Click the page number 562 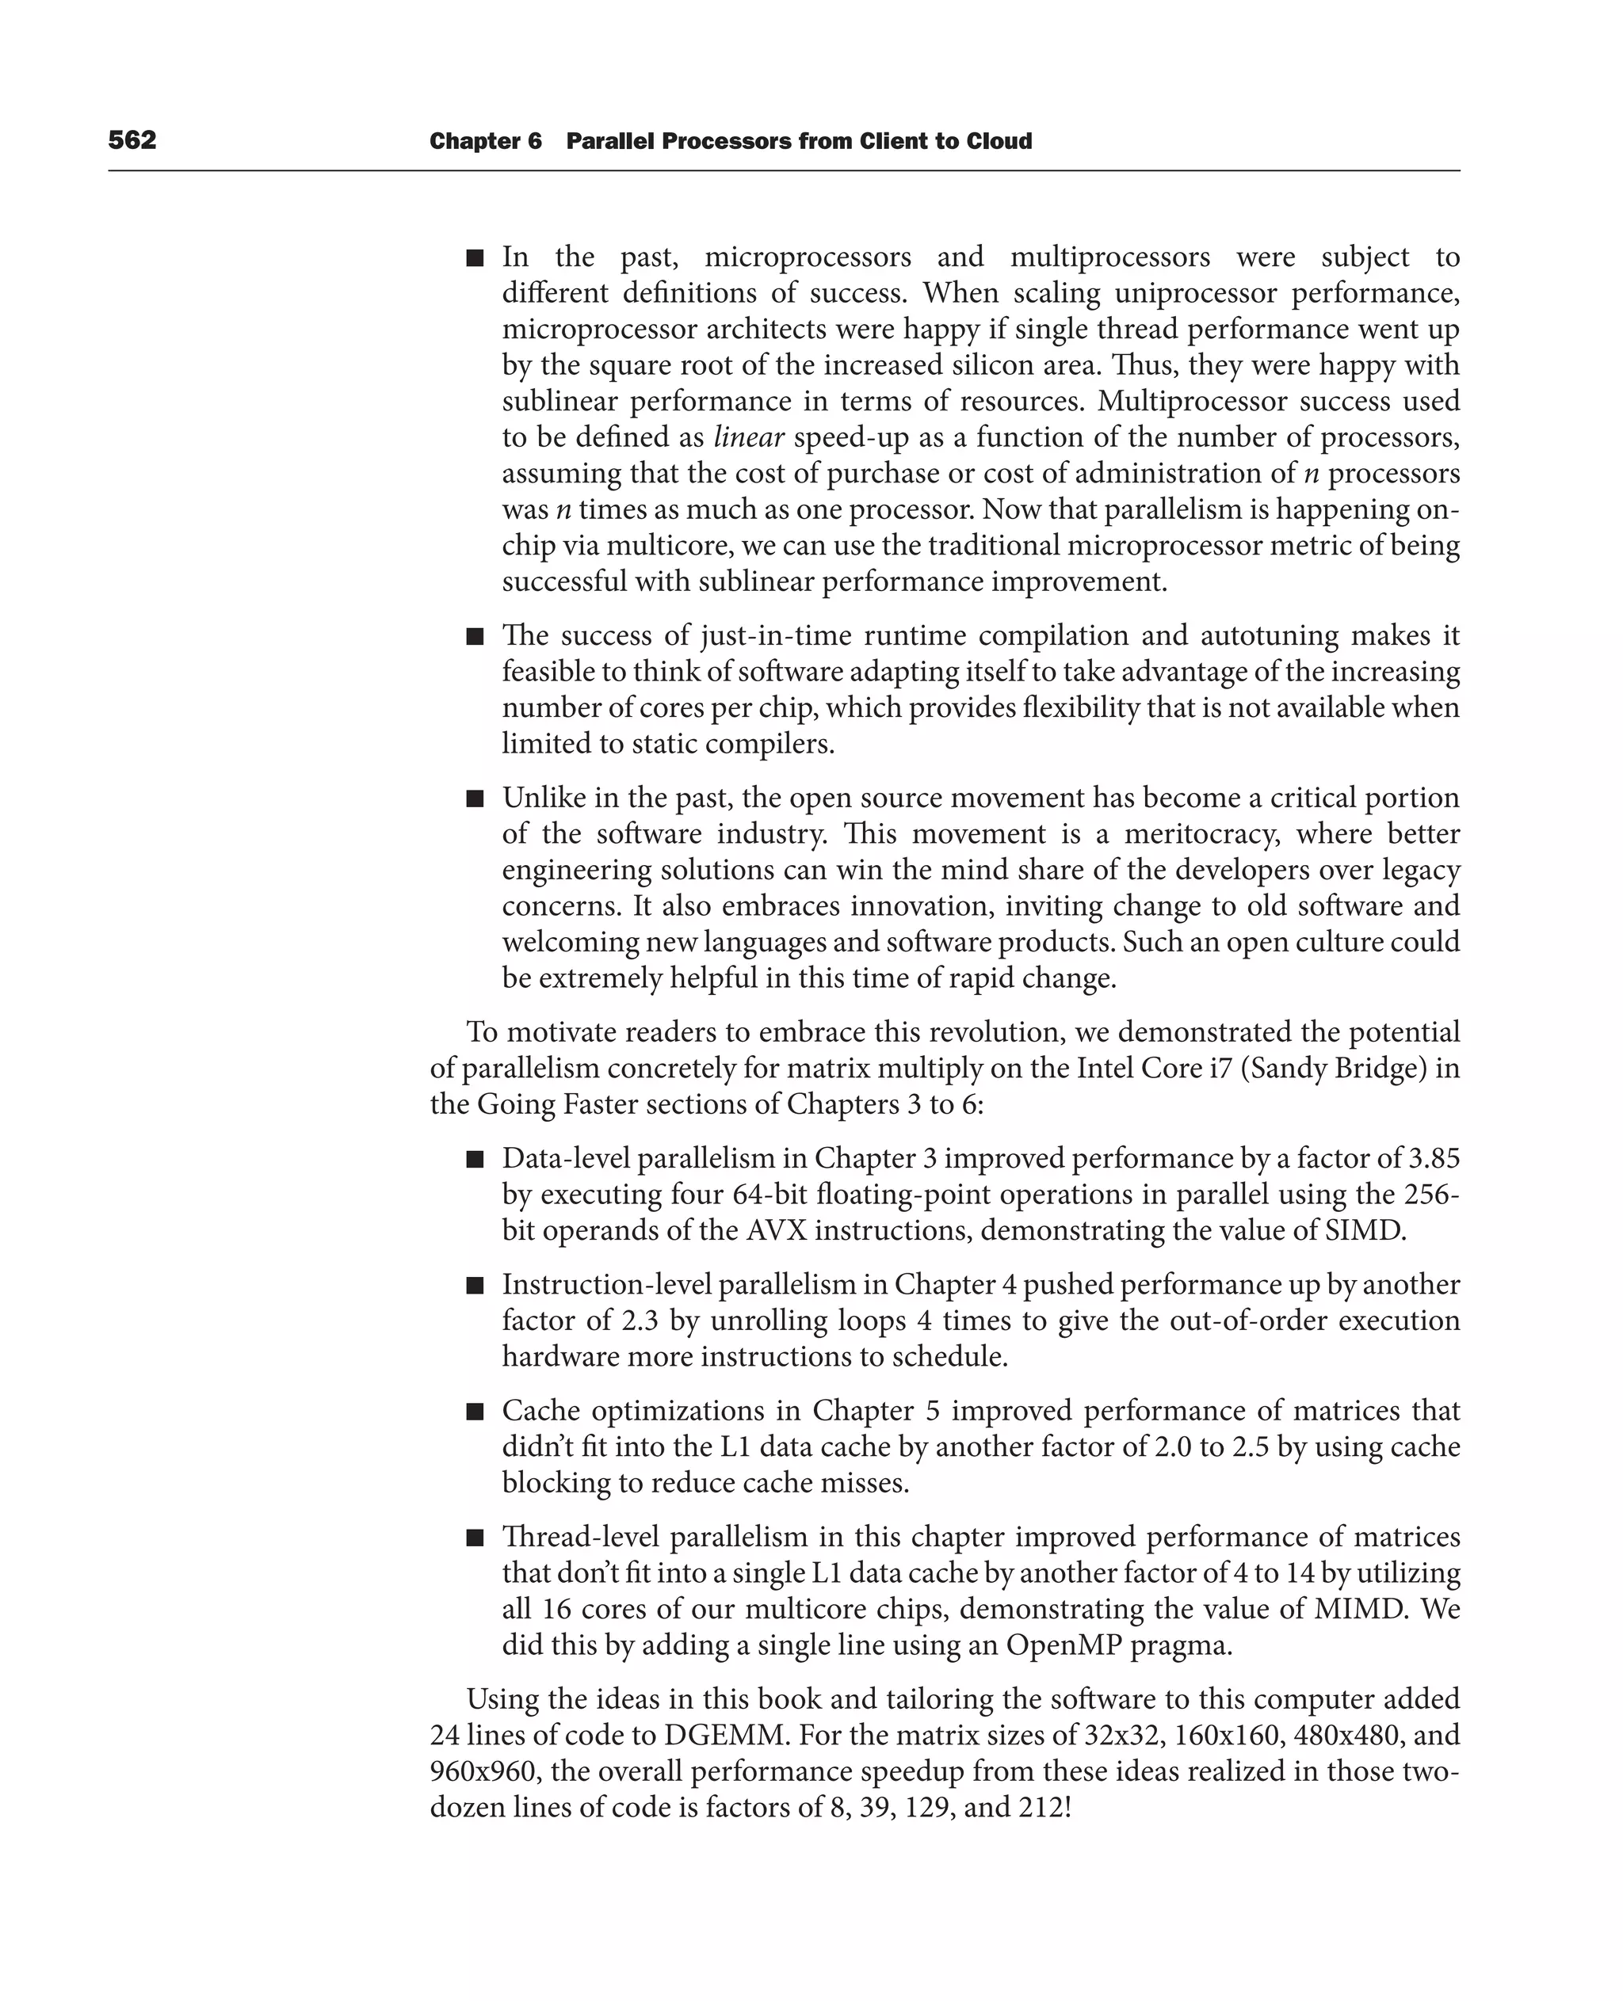coord(132,140)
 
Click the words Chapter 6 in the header coord(485,141)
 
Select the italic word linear coord(748,437)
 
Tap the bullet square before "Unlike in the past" coord(475,799)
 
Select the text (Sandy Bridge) coord(1337,1069)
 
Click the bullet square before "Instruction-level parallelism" coord(475,1286)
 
